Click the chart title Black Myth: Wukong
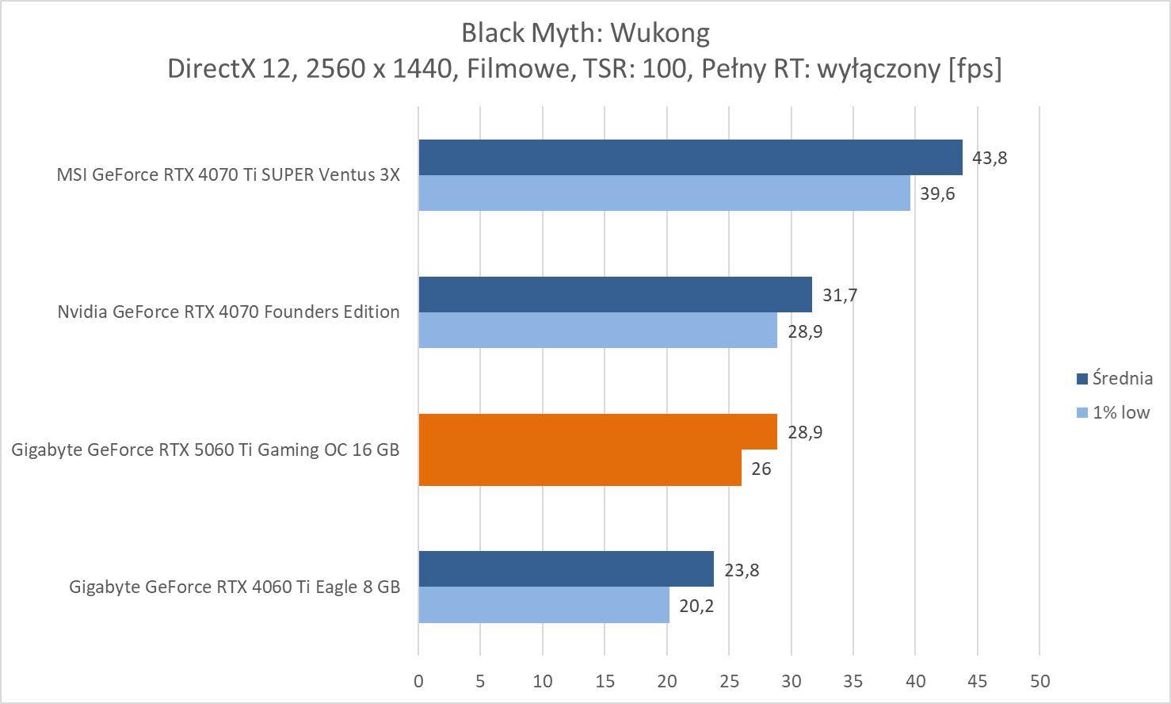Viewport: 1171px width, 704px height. (x=585, y=33)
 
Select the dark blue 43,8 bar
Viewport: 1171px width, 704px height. (x=690, y=157)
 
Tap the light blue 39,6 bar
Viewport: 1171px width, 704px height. (x=664, y=193)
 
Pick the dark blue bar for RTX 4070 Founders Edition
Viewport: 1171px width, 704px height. (x=615, y=294)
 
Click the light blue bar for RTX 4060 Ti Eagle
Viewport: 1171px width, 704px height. (x=544, y=606)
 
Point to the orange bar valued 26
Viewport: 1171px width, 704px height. (x=580, y=468)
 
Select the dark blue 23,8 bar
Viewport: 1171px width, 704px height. (x=566, y=569)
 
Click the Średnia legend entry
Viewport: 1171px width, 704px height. (x=1114, y=378)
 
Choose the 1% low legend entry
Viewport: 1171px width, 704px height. (x=1112, y=412)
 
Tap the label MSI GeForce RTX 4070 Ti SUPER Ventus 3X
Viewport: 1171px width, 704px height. (x=228, y=174)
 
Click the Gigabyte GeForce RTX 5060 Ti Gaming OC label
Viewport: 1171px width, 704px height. (x=205, y=450)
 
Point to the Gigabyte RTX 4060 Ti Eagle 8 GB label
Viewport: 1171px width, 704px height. (x=235, y=587)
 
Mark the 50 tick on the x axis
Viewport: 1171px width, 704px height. (x=1039, y=681)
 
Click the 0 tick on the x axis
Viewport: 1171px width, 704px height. (x=418, y=681)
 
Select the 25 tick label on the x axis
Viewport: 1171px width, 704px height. (x=729, y=681)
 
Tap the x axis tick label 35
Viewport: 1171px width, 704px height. (x=853, y=681)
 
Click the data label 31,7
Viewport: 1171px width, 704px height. (x=840, y=296)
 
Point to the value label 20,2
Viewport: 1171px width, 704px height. (x=696, y=606)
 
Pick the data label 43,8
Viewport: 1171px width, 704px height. (x=990, y=158)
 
